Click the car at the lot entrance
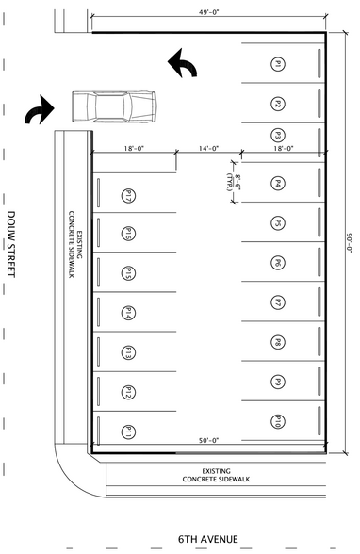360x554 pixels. [113, 105]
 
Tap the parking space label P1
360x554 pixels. [279, 64]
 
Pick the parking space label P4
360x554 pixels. [279, 184]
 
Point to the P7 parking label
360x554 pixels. [279, 302]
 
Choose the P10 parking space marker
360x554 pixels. [279, 421]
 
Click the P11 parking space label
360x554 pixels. [127, 432]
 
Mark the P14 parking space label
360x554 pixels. [127, 313]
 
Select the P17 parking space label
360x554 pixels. [127, 195]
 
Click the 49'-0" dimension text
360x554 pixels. [209, 13]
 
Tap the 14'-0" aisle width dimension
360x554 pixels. [208, 148]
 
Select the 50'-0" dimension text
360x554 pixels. [208, 440]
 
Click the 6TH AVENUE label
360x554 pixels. [207, 538]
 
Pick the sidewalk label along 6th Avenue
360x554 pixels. [216, 475]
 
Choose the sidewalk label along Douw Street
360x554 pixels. [75, 253]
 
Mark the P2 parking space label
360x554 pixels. [279, 104]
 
